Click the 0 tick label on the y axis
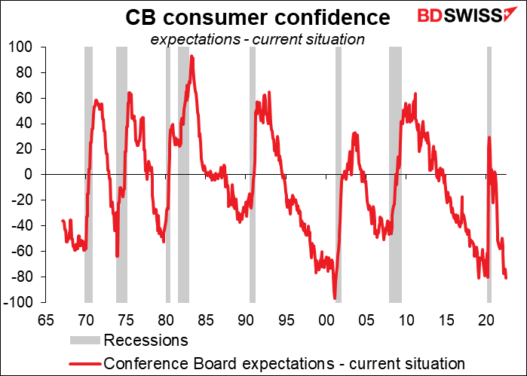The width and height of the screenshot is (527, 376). pos(37,175)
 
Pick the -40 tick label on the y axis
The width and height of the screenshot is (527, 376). pos(29,226)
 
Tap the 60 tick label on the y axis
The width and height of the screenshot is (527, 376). pos(33,98)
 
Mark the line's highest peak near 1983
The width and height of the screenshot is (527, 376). pos(192,57)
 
